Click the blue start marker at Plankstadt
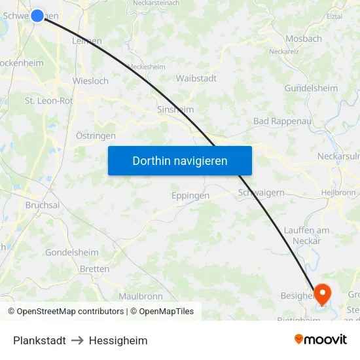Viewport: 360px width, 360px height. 37,15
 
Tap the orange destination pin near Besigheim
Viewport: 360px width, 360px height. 323,292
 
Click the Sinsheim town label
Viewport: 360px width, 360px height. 175,109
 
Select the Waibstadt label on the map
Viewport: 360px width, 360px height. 196,78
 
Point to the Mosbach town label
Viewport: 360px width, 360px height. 303,39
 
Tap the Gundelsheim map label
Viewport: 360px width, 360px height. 311,88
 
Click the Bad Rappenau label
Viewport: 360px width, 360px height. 278,121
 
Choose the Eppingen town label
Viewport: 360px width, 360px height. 190,196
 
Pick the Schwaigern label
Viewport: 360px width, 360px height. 261,192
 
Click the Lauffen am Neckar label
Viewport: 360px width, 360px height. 306,236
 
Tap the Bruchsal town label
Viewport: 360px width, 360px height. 43,205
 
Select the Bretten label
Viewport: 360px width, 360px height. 94,269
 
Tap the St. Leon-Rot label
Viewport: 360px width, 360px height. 48,101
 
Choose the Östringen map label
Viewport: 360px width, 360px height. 96,135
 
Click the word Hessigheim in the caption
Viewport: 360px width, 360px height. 118,340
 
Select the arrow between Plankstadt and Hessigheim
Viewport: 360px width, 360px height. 77,340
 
